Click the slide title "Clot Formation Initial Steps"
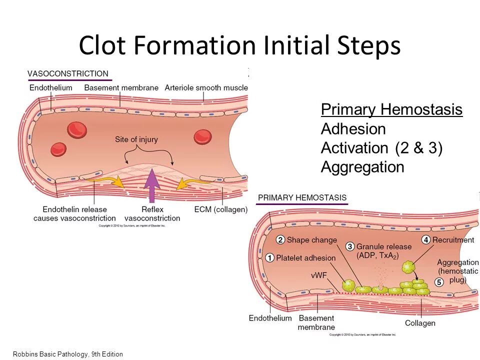(239, 45)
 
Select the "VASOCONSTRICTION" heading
(67, 73)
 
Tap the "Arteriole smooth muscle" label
(206, 87)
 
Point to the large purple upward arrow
(151, 185)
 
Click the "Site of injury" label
(136, 139)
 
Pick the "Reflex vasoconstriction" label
(152, 213)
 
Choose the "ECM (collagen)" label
(220, 209)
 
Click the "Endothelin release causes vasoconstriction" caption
(74, 213)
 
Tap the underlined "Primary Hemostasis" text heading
(391, 109)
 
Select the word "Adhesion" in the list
(353, 129)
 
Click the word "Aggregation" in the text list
(362, 167)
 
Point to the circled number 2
(280, 240)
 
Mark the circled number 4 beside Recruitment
(426, 239)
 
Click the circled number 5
(439, 282)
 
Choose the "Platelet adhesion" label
(306, 258)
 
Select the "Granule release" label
(384, 246)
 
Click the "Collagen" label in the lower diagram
(420, 323)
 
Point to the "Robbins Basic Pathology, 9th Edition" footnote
(67, 354)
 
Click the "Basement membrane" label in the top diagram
(121, 87)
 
